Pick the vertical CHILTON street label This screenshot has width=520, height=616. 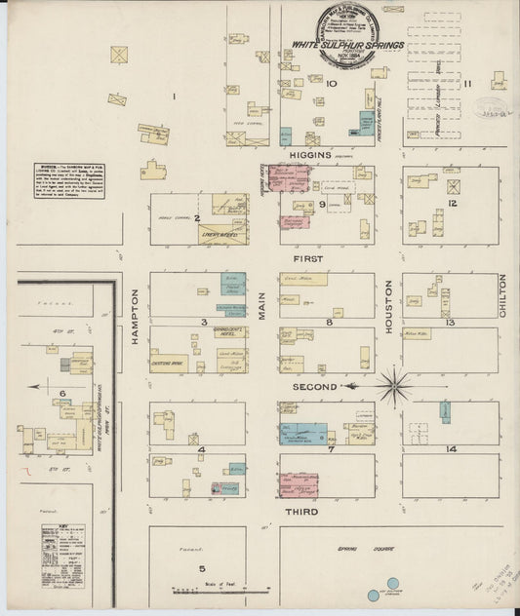[504, 292]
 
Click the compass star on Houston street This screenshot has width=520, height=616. [394, 386]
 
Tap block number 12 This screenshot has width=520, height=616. [453, 203]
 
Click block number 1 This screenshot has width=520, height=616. [174, 96]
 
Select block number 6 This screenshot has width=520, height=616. [63, 393]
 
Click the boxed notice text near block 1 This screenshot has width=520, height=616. [65, 182]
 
